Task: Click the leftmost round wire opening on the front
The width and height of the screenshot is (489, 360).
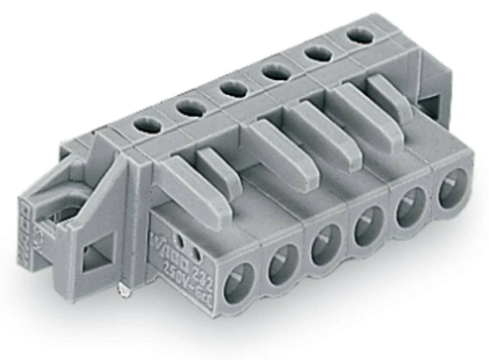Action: (x=239, y=283)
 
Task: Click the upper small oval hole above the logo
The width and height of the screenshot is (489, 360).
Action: (x=182, y=240)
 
